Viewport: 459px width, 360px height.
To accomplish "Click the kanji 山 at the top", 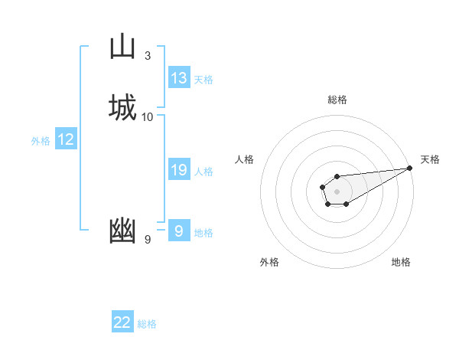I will point(123,47).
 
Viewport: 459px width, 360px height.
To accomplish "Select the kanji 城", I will point(123,107).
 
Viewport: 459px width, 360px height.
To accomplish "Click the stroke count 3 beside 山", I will point(148,56).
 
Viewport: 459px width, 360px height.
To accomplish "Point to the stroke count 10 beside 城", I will point(148,117).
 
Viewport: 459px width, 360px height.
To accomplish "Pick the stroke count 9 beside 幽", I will point(148,240).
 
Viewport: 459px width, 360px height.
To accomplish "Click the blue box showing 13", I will point(179,78).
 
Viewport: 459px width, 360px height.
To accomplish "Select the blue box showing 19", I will point(179,170).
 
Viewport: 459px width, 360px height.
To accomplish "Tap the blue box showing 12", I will point(66,139).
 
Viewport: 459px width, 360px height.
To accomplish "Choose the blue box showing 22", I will point(122,322).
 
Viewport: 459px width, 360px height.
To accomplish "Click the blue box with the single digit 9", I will point(179,231).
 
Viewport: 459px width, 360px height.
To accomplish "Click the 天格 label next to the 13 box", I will point(203,80).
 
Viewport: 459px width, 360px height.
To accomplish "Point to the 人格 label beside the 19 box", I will point(203,172).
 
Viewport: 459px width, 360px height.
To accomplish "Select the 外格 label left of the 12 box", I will point(41,141).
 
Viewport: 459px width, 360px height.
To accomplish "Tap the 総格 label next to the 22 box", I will point(147,324).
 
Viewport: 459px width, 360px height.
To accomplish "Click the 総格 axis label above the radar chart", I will point(337,100).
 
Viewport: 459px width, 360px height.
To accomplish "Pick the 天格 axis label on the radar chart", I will point(430,159).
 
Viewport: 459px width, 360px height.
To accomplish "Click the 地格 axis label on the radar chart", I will point(401,262).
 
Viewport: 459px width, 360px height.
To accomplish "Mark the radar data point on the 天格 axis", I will point(410,167).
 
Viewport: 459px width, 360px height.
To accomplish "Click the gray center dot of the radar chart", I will point(337,191).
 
